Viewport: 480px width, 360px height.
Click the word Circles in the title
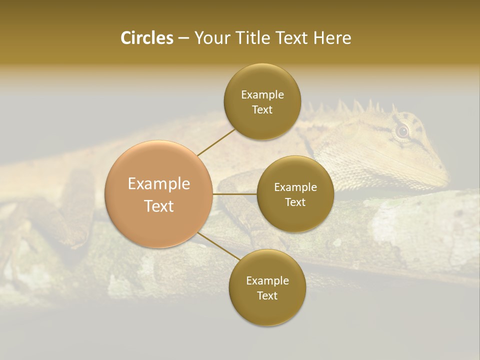click(146, 38)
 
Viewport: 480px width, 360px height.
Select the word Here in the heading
click(332, 38)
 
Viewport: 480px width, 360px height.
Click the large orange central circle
click(159, 194)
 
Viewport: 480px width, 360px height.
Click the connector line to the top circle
click(216, 142)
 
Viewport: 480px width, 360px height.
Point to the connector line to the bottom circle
click(218, 246)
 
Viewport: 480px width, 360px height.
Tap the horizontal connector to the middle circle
click(235, 193)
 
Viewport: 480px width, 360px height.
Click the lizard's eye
click(402, 131)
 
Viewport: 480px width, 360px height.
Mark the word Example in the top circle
click(262, 94)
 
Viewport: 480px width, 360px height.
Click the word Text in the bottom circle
click(267, 295)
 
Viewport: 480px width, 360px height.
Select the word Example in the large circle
click(159, 184)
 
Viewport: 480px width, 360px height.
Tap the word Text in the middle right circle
click(295, 202)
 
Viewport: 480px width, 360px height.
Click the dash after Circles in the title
click(183, 38)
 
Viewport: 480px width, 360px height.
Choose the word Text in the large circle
click(159, 206)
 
